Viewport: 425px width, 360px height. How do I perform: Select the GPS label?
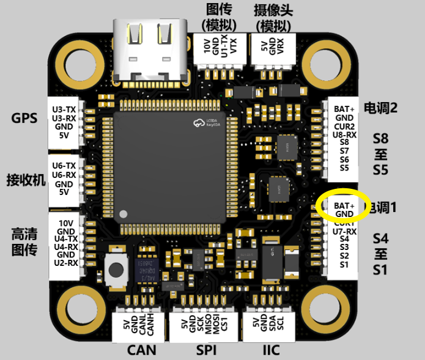(x=24, y=118)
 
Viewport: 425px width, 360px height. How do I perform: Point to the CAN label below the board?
(x=141, y=350)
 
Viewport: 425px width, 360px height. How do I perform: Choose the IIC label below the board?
(x=271, y=350)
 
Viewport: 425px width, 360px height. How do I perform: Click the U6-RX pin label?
(x=64, y=175)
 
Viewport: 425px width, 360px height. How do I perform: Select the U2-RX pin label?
(x=65, y=263)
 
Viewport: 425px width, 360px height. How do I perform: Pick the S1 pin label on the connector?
(x=344, y=265)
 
